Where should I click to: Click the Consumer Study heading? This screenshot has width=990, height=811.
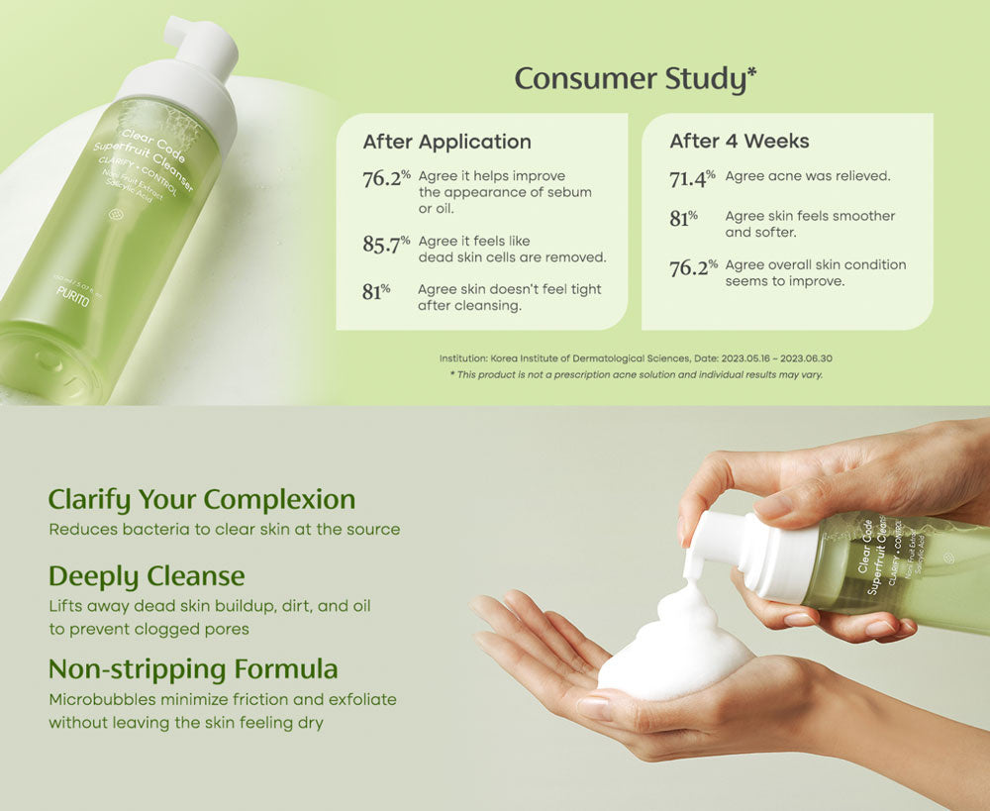pos(636,78)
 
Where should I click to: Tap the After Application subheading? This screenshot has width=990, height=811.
pos(446,142)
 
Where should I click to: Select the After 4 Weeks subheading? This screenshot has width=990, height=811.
pos(739,142)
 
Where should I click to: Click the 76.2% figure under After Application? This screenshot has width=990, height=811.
pos(386,178)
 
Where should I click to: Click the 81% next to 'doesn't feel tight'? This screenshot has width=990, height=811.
pos(376,292)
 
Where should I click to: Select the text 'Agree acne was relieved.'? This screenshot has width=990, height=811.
pos(808,176)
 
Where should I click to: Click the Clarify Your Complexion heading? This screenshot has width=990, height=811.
pos(202,499)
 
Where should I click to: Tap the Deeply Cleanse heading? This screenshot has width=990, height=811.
pos(147,575)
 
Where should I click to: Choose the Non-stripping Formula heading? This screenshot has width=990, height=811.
pos(193,669)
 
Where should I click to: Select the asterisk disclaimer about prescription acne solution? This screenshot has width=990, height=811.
pos(636,375)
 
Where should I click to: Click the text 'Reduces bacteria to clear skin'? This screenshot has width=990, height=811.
pos(168,530)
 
